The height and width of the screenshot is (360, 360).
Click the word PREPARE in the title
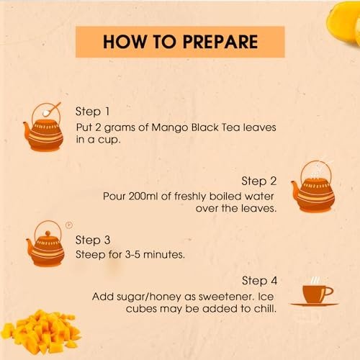pyautogui.click(x=220, y=42)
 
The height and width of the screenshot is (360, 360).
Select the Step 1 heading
pyautogui.click(x=92, y=112)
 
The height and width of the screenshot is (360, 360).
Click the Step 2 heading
pyautogui.click(x=259, y=181)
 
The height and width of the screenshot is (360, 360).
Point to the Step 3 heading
pyautogui.click(x=93, y=240)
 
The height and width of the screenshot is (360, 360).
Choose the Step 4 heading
pyautogui.click(x=259, y=281)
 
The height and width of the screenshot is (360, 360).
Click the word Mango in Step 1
pyautogui.click(x=170, y=128)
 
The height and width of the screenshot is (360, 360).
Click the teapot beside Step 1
pyautogui.click(x=43, y=132)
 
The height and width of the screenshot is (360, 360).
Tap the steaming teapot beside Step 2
pyautogui.click(x=312, y=187)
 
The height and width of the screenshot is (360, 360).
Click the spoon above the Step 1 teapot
pyautogui.click(x=52, y=109)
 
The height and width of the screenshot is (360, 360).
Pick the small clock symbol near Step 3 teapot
pyautogui.click(x=69, y=225)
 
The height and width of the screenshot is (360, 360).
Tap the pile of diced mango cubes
pyautogui.click(x=41, y=333)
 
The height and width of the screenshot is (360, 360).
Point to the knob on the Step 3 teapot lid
pyautogui.click(x=48, y=233)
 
